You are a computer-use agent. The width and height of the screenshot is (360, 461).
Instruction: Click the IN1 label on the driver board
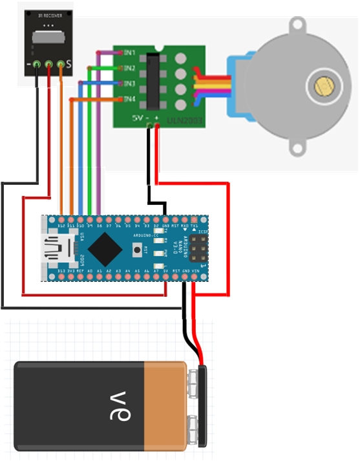(129, 52)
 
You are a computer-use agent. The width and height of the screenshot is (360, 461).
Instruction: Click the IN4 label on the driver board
(129, 99)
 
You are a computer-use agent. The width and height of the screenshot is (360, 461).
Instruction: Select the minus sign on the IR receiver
(28, 65)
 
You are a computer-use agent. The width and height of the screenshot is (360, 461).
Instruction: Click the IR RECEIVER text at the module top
(48, 14)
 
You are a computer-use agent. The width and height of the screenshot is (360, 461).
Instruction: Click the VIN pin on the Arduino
(195, 276)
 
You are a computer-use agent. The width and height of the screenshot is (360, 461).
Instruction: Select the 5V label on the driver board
(138, 118)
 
